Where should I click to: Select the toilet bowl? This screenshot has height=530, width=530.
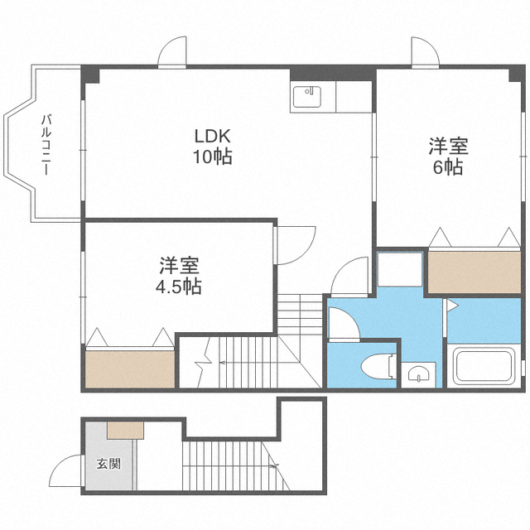click(x=380, y=366)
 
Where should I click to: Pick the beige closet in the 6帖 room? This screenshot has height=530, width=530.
click(x=473, y=269)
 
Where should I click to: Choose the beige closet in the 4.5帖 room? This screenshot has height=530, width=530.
click(x=129, y=368)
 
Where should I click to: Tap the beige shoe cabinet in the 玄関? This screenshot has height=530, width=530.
click(x=126, y=430)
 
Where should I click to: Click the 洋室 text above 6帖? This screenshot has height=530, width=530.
click(x=448, y=147)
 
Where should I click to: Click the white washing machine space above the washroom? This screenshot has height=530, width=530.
click(x=401, y=268)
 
